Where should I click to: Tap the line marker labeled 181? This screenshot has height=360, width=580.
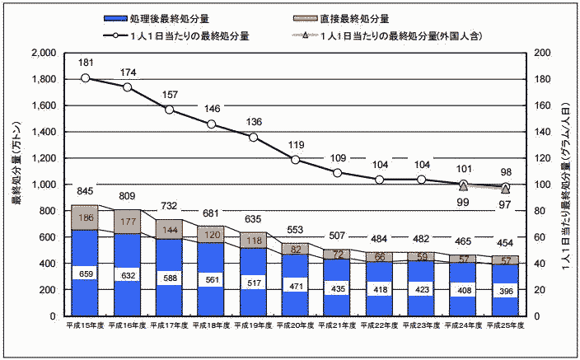[86, 78]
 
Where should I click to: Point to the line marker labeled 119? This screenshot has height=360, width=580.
[295, 159]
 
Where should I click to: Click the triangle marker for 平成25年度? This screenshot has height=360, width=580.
[505, 189]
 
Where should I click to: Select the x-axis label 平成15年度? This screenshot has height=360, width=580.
[86, 326]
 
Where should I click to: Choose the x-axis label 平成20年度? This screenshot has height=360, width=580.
[295, 326]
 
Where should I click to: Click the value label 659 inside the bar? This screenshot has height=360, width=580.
[86, 273]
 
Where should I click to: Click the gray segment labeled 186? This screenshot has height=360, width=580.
[86, 218]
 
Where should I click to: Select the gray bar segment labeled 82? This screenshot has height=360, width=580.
[295, 249]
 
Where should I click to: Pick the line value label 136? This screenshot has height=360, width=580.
[254, 123]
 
